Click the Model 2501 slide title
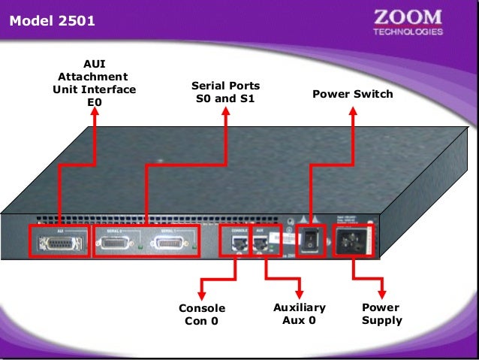pyautogui.click(x=53, y=21)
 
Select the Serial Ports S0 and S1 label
pyautogui.click(x=225, y=92)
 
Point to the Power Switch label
pyautogui.click(x=352, y=95)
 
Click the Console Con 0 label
pyautogui.click(x=202, y=315)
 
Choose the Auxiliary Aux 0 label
pyautogui.click(x=300, y=313)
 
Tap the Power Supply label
pyautogui.click(x=381, y=313)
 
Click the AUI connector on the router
pyautogui.click(x=59, y=242)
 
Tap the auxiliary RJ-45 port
pyautogui.click(x=260, y=242)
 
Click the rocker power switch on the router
pyautogui.click(x=310, y=241)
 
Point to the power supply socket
pyautogui.click(x=352, y=241)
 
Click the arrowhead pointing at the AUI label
pyautogui.click(x=95, y=112)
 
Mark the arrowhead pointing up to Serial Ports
pyautogui.click(x=226, y=110)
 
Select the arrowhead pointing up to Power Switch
pyautogui.click(x=353, y=110)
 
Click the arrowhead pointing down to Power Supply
pyautogui.click(x=381, y=292)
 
